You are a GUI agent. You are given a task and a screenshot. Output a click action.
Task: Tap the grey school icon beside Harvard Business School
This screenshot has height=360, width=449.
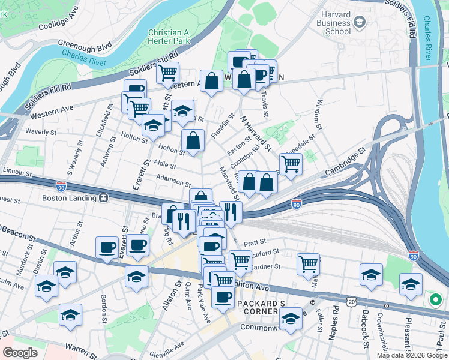pyautogui.click(x=360, y=23)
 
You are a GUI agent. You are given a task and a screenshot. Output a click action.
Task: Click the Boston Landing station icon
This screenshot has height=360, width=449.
pyautogui.click(x=104, y=197)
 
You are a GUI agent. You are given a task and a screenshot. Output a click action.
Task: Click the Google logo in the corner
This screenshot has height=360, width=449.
pyautogui.click(x=20, y=353)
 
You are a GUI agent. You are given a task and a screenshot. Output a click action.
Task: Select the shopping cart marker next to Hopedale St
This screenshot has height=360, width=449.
pyautogui.click(x=291, y=163)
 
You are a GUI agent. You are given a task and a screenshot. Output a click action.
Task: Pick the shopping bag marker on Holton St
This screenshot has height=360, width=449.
pyautogui.click(x=193, y=141)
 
